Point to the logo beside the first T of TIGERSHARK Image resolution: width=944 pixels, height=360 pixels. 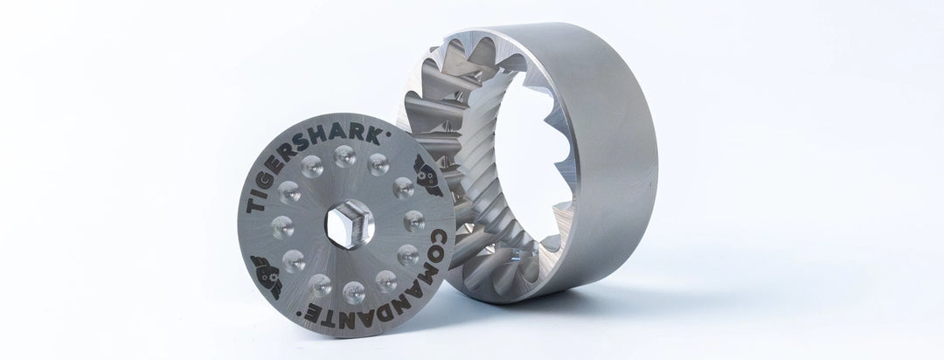point(266,265)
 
